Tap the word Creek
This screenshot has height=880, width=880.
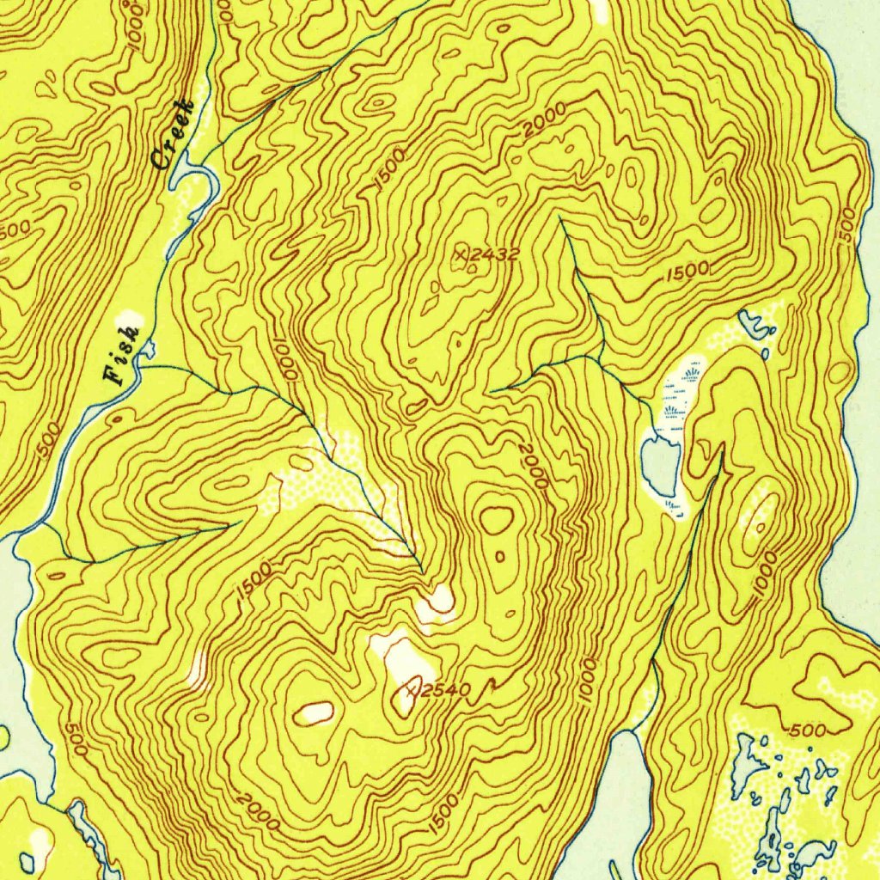pos(171,133)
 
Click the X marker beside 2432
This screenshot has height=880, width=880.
pos(463,253)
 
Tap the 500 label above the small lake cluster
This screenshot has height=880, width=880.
pos(808,730)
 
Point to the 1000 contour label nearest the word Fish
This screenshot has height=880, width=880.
pos(287,361)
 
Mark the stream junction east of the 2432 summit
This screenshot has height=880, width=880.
pos(601,353)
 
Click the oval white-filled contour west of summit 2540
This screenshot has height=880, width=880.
pos(315,712)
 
